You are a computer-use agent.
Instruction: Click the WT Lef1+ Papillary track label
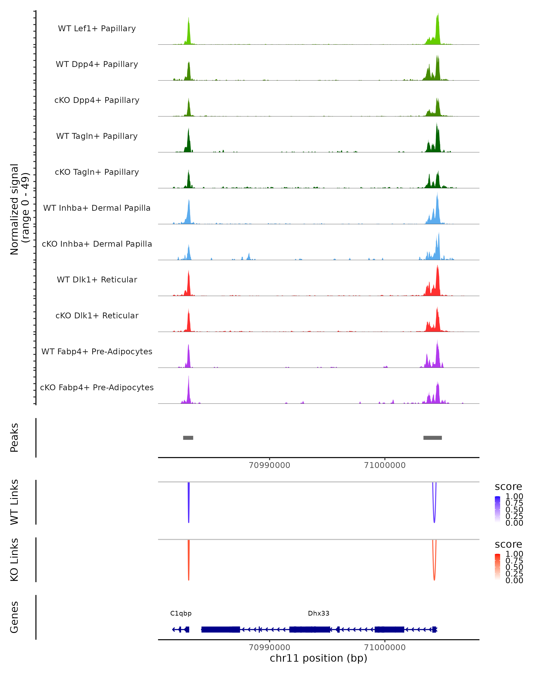[x=97, y=29]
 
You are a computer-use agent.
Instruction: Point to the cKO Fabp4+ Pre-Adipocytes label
[x=97, y=387]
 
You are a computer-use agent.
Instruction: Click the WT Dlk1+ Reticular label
[x=97, y=279]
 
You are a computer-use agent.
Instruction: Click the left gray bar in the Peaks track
[x=188, y=438]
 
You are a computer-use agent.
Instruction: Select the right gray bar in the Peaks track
[x=433, y=438]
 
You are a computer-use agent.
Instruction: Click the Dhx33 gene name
[x=318, y=613]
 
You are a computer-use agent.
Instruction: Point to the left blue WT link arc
[x=189, y=503]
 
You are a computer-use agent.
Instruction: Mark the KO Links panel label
[x=14, y=560]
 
